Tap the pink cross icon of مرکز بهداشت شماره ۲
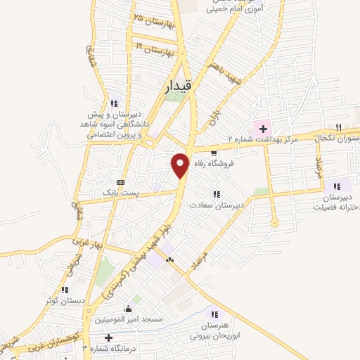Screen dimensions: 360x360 pos(263,129)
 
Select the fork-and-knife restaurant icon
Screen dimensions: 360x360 pos(339,127)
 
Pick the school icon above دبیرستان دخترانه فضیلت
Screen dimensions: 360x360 pos(337,186)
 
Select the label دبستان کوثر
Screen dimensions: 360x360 pos(60,301)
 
